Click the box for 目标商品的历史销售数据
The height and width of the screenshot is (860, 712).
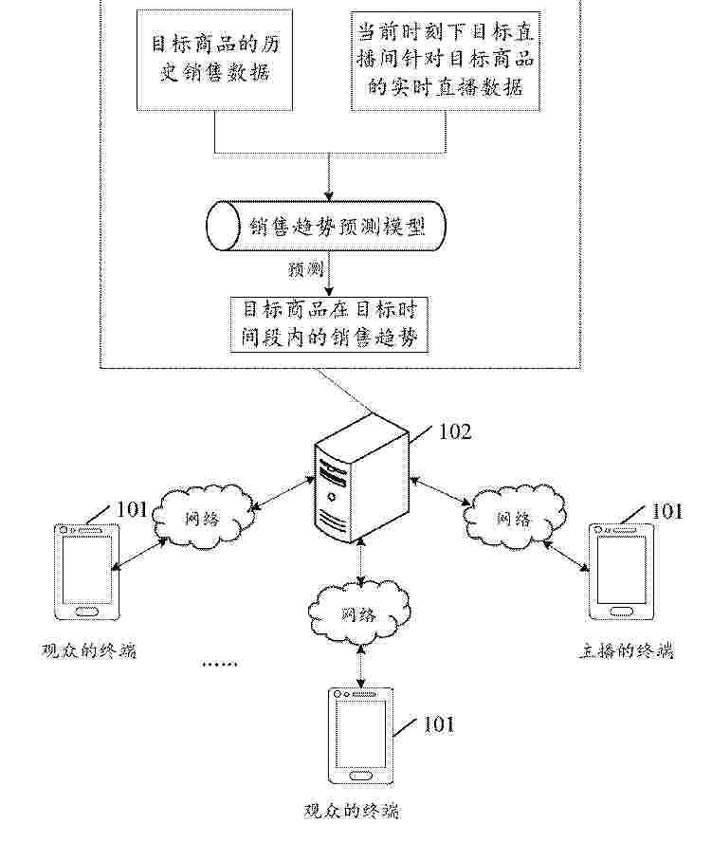(217, 60)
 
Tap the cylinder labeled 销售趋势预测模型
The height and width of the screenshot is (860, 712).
(325, 227)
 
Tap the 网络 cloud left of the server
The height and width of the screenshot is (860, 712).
(207, 518)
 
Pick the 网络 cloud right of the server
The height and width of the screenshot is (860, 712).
(514, 518)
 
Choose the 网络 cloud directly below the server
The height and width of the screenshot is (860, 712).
(360, 613)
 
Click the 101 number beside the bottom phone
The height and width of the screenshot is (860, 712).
(438, 724)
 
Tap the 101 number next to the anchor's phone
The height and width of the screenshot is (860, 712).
(666, 512)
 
